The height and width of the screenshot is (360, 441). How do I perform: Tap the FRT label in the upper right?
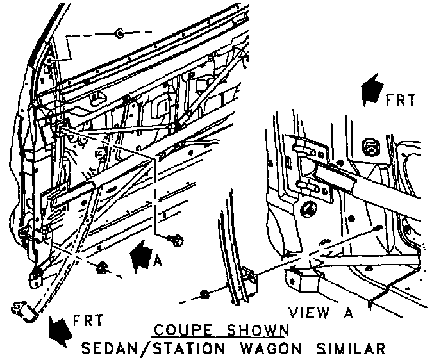401,100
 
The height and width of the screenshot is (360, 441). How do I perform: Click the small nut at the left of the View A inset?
204,293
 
